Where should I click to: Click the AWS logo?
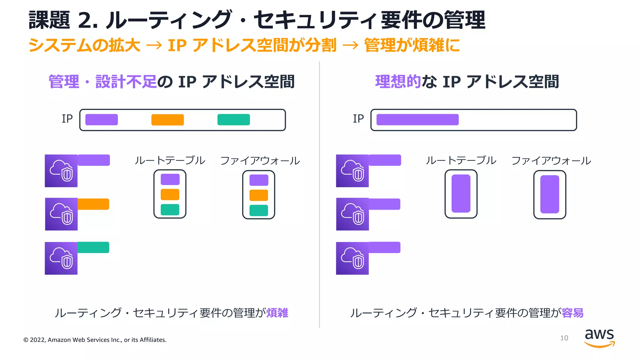[599, 338]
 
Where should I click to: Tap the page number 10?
[564, 338]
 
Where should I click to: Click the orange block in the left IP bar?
[167, 120]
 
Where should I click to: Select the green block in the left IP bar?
[233, 120]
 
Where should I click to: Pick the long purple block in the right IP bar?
[417, 120]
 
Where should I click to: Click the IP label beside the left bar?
[67, 119]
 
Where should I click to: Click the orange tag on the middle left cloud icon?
[93, 204]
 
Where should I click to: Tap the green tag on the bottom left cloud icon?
[93, 247]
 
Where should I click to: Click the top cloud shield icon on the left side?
[61, 171]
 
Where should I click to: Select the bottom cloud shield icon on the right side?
[352, 258]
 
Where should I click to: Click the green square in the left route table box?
[170, 210]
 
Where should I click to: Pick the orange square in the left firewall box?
[258, 195]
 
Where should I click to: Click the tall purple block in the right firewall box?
[549, 194]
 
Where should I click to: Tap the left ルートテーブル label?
[170, 160]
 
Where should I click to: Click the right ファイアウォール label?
[551, 161]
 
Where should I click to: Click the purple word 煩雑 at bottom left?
[277, 313]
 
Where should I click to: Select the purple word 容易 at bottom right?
[572, 313]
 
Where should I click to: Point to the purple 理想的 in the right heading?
[398, 82]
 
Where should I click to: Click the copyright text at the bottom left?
[95, 340]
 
